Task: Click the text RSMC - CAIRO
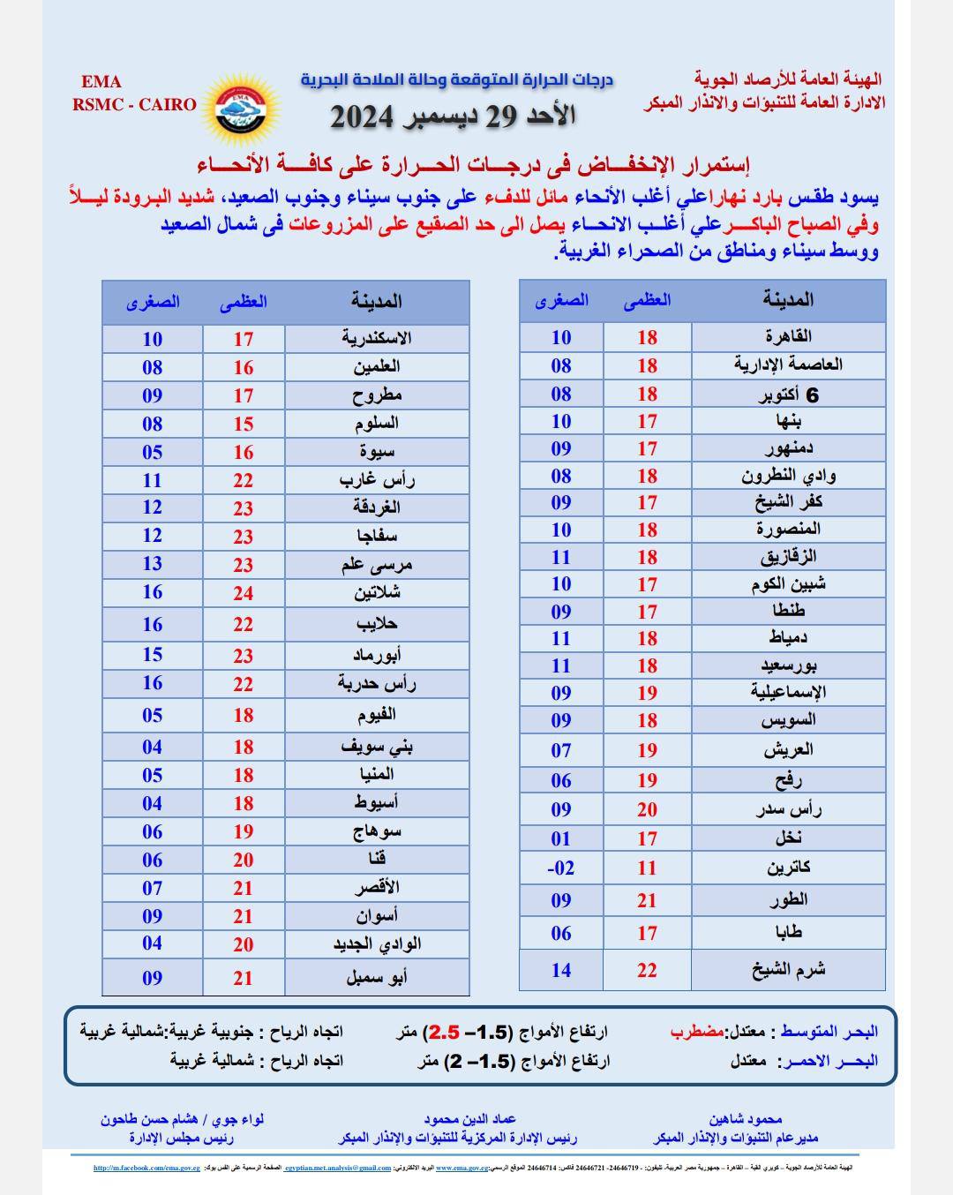click(x=134, y=104)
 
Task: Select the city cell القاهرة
click(x=788, y=336)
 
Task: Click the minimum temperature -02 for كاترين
click(x=561, y=868)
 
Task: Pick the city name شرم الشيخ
click(x=788, y=969)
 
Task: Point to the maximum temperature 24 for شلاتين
click(x=244, y=593)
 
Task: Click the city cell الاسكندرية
click(x=377, y=338)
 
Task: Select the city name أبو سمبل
click(x=377, y=977)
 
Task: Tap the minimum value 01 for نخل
click(x=561, y=838)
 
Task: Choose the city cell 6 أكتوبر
click(x=788, y=395)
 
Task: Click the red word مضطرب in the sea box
click(x=696, y=1031)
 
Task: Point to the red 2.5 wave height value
click(x=444, y=1031)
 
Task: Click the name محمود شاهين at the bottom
click(x=743, y=1119)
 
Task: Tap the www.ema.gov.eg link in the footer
click(x=462, y=1168)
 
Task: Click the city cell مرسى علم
click(x=377, y=565)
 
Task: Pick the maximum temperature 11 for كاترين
click(x=647, y=868)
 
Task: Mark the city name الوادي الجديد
click(x=377, y=944)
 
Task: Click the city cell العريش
click(x=788, y=750)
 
